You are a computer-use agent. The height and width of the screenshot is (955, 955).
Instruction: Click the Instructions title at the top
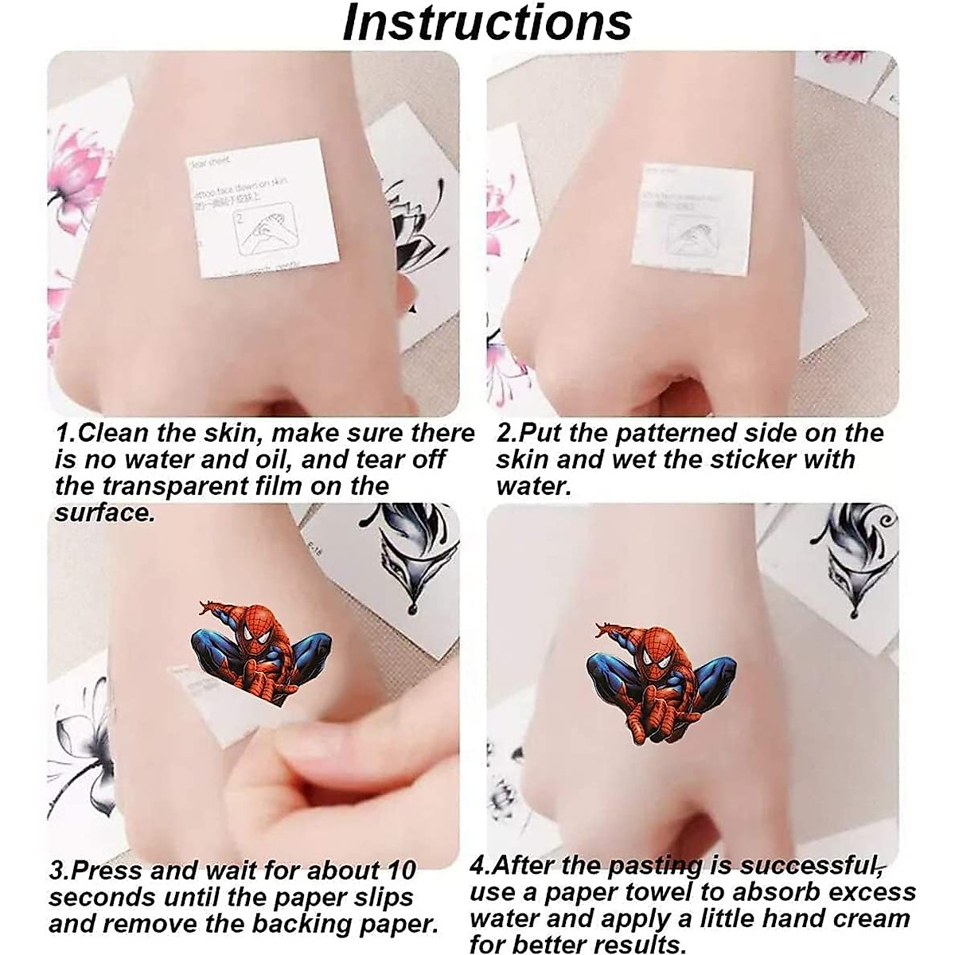pyautogui.click(x=486, y=24)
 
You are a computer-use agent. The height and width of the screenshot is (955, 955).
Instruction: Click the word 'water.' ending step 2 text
pyautogui.click(x=533, y=486)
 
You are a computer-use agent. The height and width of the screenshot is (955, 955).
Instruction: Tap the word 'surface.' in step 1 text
pyautogui.click(x=104, y=513)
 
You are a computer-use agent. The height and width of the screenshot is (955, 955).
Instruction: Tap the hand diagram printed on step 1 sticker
pyautogui.click(x=260, y=232)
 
